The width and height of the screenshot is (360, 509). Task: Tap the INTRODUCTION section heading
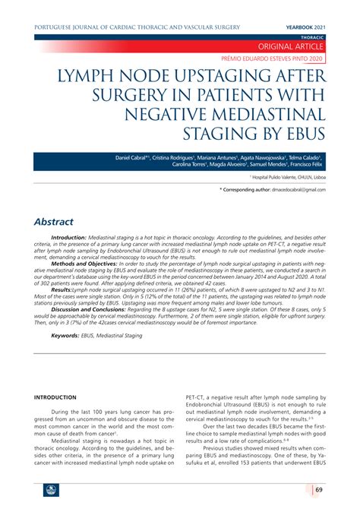click(55, 398)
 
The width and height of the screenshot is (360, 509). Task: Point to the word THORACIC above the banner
click(333, 36)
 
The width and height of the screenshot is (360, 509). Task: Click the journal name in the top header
click(137, 27)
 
